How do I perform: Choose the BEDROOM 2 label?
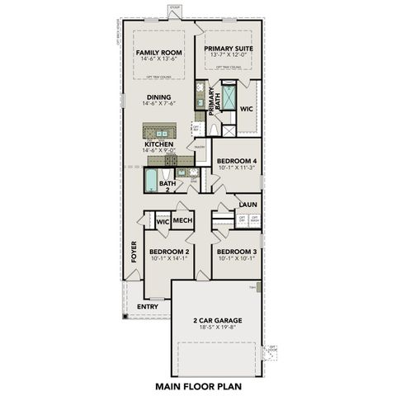169,251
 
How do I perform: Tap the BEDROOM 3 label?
235,251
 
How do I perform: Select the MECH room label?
182,220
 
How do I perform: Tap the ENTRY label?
148,307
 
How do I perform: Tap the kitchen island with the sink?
159,130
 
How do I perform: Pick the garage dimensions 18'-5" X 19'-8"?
216,328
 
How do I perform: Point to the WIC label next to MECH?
162,221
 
